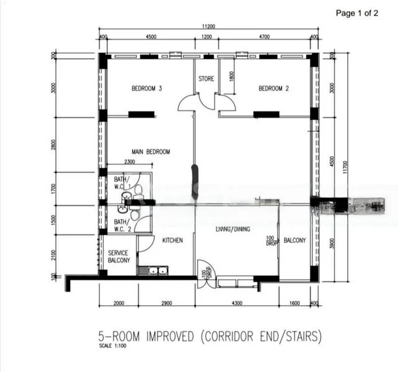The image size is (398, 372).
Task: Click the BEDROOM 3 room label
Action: point(147,89)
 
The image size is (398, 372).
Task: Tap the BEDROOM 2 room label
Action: point(273,89)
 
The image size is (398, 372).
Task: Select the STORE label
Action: point(206,79)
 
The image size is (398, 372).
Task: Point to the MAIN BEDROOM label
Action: point(150,151)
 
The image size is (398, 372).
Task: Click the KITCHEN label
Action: point(172,240)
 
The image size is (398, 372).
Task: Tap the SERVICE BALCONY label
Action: point(119,257)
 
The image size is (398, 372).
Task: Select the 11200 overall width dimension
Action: point(208,27)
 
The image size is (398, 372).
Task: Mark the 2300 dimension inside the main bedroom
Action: point(130,162)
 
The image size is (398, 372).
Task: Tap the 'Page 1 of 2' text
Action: point(356,12)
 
